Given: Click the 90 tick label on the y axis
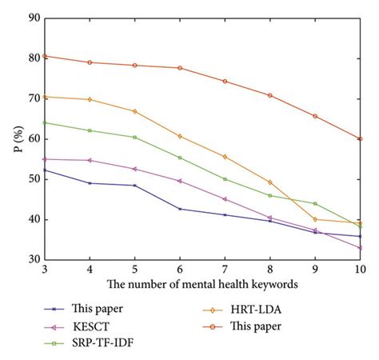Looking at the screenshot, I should (32, 18).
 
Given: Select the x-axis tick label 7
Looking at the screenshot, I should (225, 270).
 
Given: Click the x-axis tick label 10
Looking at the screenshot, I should (360, 270).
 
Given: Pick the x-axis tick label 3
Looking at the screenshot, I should (44, 270).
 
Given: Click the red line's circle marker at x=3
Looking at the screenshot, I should (44, 56).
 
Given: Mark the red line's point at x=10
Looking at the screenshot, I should (361, 138).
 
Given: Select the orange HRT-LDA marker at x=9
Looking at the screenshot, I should (315, 219).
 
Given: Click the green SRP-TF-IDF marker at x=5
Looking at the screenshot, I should (134, 137).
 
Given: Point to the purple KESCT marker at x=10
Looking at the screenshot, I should (361, 248).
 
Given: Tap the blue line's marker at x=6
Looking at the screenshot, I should (180, 209).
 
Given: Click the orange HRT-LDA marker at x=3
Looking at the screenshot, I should (44, 97).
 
